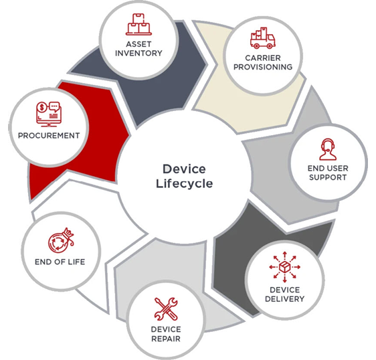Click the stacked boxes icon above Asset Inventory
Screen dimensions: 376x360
coord(139,24)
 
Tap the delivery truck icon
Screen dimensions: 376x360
coord(262,38)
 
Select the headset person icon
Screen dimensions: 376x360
coord(328,149)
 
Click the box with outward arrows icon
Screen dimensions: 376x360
coord(284,267)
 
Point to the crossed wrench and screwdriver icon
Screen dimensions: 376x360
coord(166,309)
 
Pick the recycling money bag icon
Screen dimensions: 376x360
coord(61,241)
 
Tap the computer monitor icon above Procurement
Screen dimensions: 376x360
coord(49,114)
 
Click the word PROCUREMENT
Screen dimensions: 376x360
coord(49,136)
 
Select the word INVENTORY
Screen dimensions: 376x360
coord(138,53)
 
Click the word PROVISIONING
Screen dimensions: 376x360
coord(263,67)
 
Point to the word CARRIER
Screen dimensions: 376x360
coord(263,58)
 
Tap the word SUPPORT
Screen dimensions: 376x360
coord(328,177)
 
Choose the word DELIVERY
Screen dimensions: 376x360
coord(284,299)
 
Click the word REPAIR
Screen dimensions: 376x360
coord(166,339)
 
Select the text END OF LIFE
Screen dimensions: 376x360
coord(60,262)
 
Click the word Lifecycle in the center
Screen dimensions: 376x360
coord(185,184)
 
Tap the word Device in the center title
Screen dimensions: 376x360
coord(184,169)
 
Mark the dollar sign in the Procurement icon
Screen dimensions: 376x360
coord(42,107)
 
